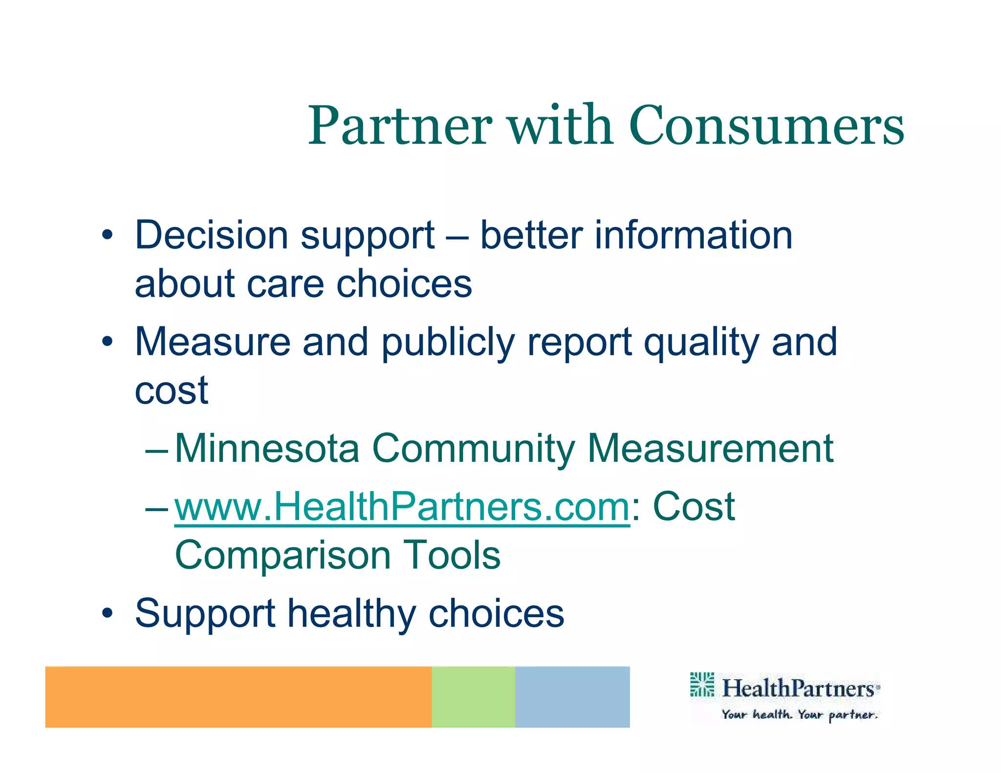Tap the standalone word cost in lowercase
(x=171, y=391)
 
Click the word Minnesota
(x=267, y=449)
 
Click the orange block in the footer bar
(x=238, y=697)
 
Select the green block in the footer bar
(x=473, y=697)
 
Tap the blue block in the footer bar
(x=572, y=697)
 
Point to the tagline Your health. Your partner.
(x=799, y=715)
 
